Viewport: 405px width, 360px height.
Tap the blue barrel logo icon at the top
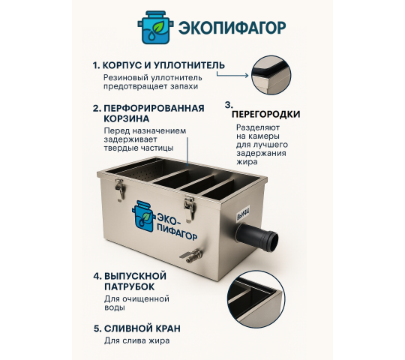click(x=153, y=28)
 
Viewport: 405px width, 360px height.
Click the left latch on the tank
click(x=118, y=189)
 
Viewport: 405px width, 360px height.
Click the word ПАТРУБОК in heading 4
click(x=129, y=286)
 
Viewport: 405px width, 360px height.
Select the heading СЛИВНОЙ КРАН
click(x=142, y=328)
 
